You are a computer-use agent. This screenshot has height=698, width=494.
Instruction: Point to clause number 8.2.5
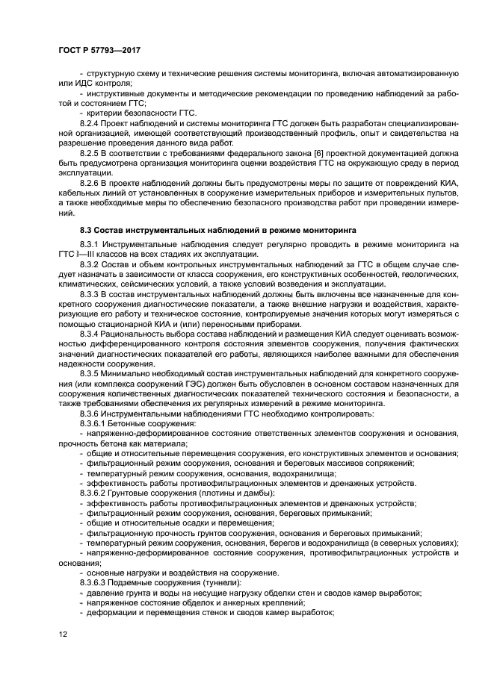pos(92,152)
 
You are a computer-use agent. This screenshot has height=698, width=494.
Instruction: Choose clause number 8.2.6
pos(92,181)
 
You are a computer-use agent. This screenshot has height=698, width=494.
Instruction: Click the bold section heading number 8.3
pos(87,231)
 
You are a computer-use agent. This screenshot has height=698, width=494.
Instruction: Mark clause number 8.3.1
pos(92,245)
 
